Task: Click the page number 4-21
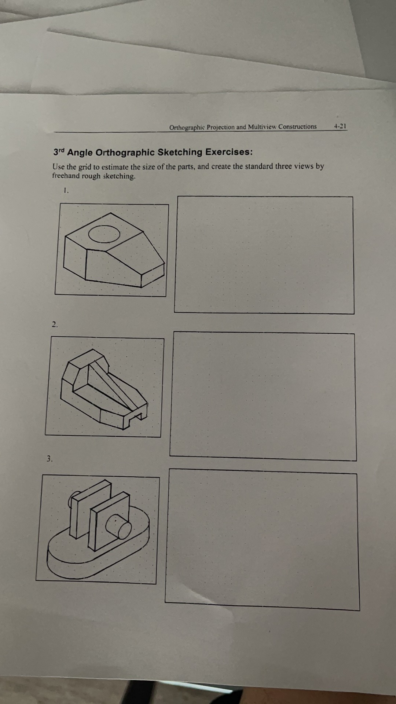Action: (x=340, y=126)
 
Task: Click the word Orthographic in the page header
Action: (x=186, y=128)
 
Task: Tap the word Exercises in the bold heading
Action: (x=228, y=152)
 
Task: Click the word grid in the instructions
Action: (x=85, y=167)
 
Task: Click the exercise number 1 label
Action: (x=66, y=190)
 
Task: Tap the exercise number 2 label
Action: (x=55, y=324)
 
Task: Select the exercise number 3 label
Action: (x=49, y=458)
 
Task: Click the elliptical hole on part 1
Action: (x=104, y=233)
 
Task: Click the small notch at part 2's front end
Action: (x=138, y=415)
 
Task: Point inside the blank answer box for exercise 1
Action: (x=264, y=255)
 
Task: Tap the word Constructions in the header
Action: (x=297, y=126)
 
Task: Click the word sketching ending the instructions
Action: (x=119, y=176)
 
